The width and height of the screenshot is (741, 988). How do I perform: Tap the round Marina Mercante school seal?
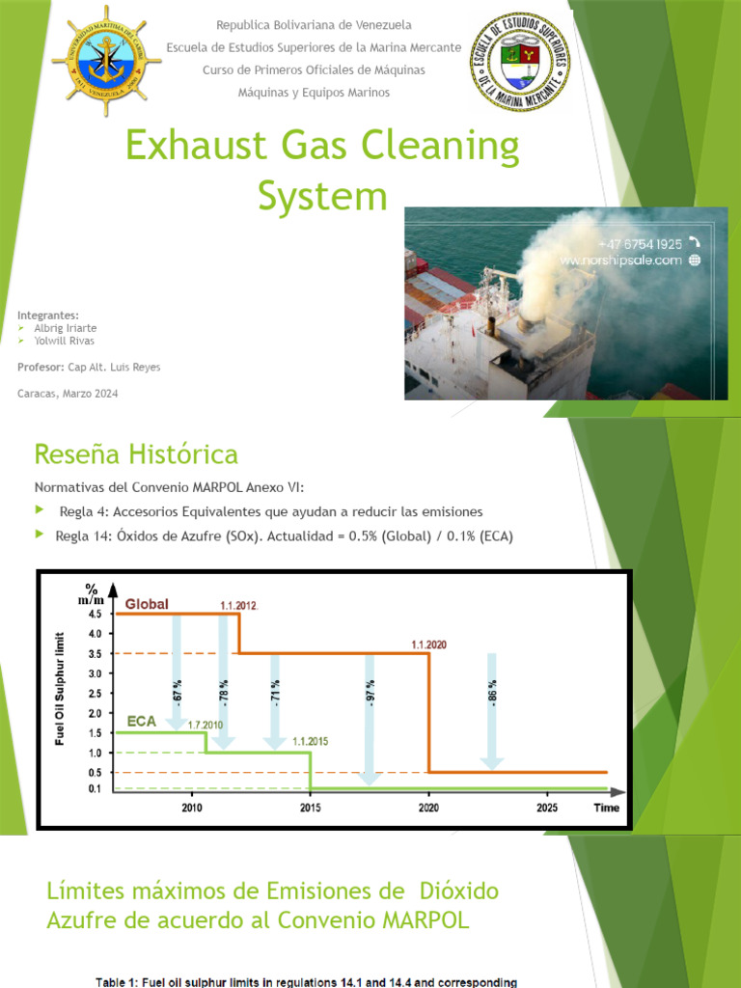tap(518, 60)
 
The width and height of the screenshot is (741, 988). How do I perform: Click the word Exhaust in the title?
tap(192, 148)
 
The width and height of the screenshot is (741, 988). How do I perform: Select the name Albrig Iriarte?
tap(65, 328)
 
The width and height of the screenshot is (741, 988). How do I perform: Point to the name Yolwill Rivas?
tap(64, 341)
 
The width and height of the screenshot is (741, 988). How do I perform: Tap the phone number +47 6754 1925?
tap(641, 244)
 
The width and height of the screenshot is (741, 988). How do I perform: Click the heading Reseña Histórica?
tap(136, 453)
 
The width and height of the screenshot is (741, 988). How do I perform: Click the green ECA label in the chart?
tap(142, 721)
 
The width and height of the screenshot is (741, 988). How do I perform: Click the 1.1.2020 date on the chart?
tap(429, 644)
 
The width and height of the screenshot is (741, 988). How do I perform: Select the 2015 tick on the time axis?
tap(310, 808)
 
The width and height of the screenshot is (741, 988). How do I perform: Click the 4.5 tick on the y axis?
tap(96, 614)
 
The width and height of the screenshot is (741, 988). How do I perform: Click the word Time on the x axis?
tap(606, 808)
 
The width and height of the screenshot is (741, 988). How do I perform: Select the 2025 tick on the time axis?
tap(547, 808)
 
